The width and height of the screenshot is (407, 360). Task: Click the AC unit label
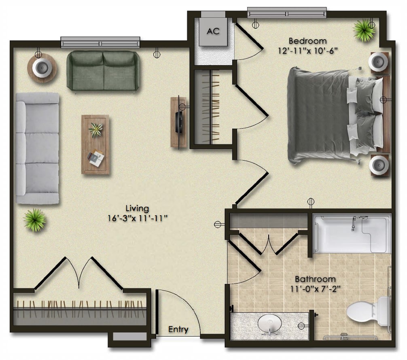click(213, 31)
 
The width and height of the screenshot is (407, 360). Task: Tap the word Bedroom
click(307, 41)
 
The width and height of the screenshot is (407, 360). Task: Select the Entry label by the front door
click(178, 329)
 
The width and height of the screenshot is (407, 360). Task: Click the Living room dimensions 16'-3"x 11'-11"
click(137, 218)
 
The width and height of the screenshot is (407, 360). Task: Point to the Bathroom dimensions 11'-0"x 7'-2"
click(316, 289)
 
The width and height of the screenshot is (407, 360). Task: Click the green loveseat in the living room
click(104, 71)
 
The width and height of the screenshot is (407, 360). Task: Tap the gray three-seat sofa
click(37, 148)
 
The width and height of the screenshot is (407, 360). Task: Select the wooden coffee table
click(95, 144)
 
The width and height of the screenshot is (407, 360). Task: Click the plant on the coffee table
click(95, 129)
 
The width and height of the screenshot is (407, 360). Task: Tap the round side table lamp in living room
click(42, 68)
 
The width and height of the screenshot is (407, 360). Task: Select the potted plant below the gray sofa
click(35, 220)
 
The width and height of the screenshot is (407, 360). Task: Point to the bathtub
click(352, 233)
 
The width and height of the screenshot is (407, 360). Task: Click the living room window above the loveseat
click(100, 42)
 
